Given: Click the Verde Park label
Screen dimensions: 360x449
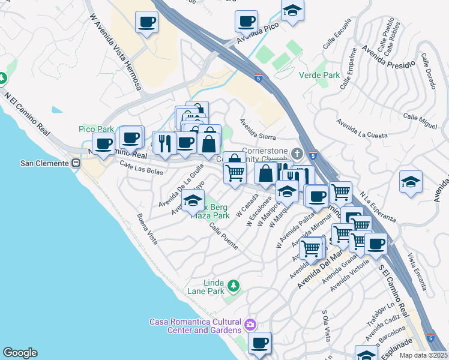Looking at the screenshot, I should click(x=319, y=76).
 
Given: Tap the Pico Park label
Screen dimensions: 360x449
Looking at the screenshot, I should click(x=96, y=129).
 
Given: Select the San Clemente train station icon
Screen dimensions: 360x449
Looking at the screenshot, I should click(x=76, y=163).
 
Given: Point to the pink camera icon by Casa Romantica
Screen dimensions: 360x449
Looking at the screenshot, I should click(x=250, y=326).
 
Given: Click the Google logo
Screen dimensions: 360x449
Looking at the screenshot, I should click(x=20, y=353).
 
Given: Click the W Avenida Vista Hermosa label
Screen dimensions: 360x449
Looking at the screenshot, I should click(x=115, y=52).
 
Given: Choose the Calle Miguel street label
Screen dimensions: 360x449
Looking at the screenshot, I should click(x=421, y=120).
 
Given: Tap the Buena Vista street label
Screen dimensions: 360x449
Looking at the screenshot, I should click(x=147, y=229).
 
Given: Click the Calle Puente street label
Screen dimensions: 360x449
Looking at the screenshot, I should click(x=223, y=236).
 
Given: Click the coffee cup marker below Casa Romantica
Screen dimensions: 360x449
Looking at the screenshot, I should click(x=259, y=344).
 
